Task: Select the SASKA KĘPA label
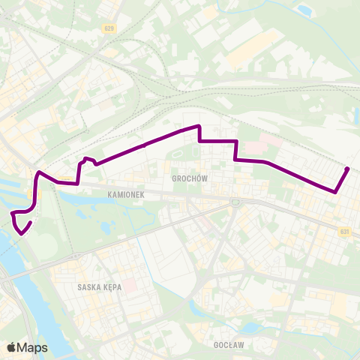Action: click(x=98, y=286)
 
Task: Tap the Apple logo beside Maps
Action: click(x=11, y=347)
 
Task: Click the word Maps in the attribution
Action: click(x=33, y=347)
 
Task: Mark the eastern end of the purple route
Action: click(x=349, y=168)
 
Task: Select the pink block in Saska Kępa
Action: click(x=128, y=286)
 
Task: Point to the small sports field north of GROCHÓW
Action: click(x=177, y=156)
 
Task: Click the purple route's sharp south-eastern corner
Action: click(x=335, y=192)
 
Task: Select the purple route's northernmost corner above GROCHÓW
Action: click(x=198, y=125)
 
